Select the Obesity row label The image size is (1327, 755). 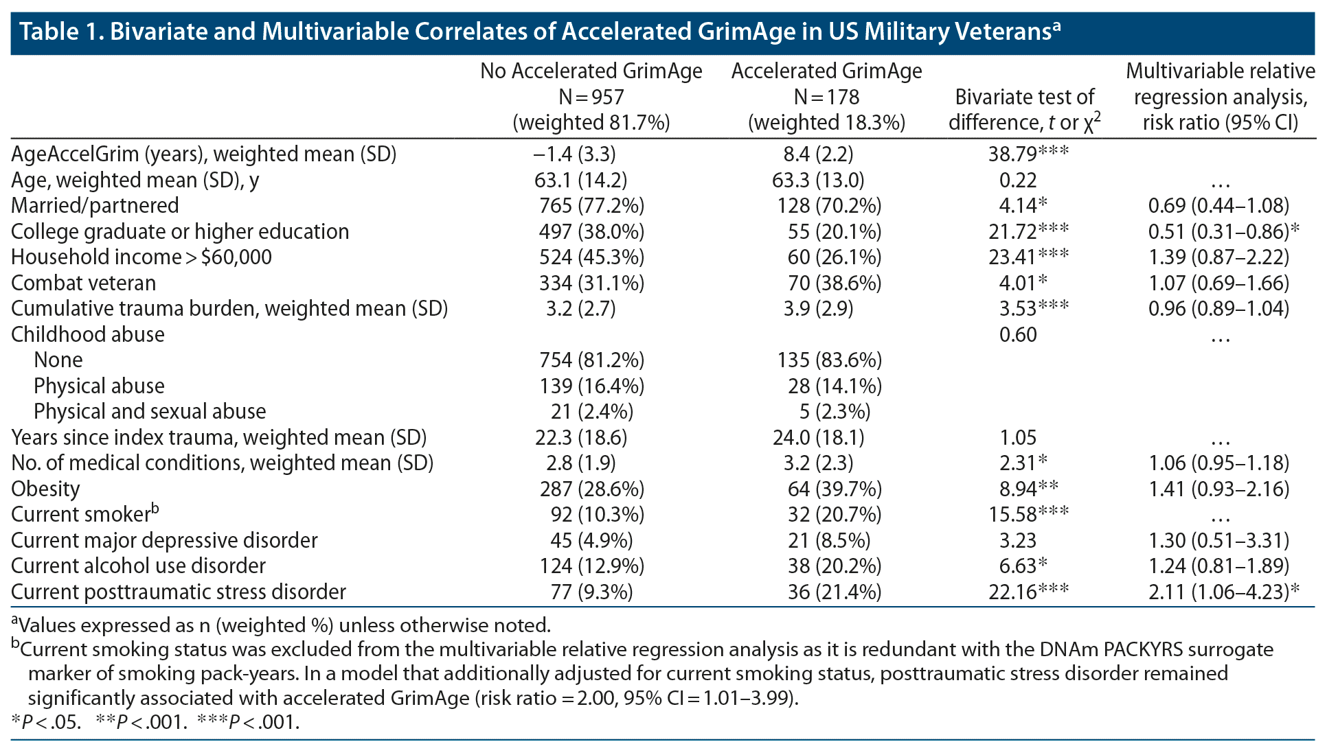click(x=45, y=489)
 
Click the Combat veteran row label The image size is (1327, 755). click(x=83, y=283)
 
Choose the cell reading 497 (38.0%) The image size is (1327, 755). click(x=591, y=231)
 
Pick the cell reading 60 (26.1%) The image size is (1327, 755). click(x=834, y=257)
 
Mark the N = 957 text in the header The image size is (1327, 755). click(x=591, y=97)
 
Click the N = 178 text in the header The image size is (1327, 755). click(x=826, y=97)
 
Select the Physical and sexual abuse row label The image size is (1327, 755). click(x=150, y=411)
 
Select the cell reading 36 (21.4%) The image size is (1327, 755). click(x=834, y=592)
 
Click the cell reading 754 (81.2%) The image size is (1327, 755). click(x=591, y=360)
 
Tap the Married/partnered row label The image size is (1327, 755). click(x=95, y=205)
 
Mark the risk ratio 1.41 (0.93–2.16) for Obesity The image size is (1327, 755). click(x=1218, y=489)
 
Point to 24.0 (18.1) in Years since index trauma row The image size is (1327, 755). click(x=818, y=437)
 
